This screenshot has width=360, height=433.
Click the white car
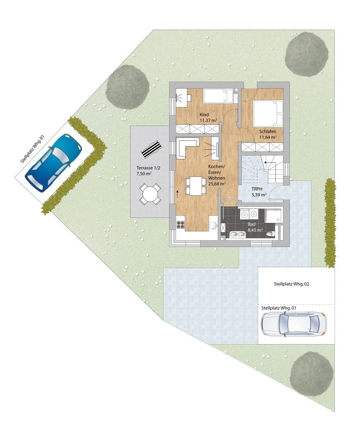point(294,324)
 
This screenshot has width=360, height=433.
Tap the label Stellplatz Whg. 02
point(291,284)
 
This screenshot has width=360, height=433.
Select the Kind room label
point(204,115)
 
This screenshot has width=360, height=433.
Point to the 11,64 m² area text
point(268,137)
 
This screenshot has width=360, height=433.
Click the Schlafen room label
point(267,132)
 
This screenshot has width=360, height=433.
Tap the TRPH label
point(257,189)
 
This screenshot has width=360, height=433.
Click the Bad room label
point(251,224)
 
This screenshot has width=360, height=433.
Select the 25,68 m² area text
point(217,184)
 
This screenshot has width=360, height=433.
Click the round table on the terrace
point(150,194)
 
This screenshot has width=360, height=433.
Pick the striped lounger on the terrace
point(151,148)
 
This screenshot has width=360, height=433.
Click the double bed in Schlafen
point(268,113)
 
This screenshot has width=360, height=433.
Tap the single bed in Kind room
point(220,96)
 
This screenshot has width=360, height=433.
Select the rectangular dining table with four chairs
point(196,186)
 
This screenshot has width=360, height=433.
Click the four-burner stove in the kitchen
point(180,225)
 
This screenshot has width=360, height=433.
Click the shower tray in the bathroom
point(273,216)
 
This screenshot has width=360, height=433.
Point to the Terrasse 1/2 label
point(148,167)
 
